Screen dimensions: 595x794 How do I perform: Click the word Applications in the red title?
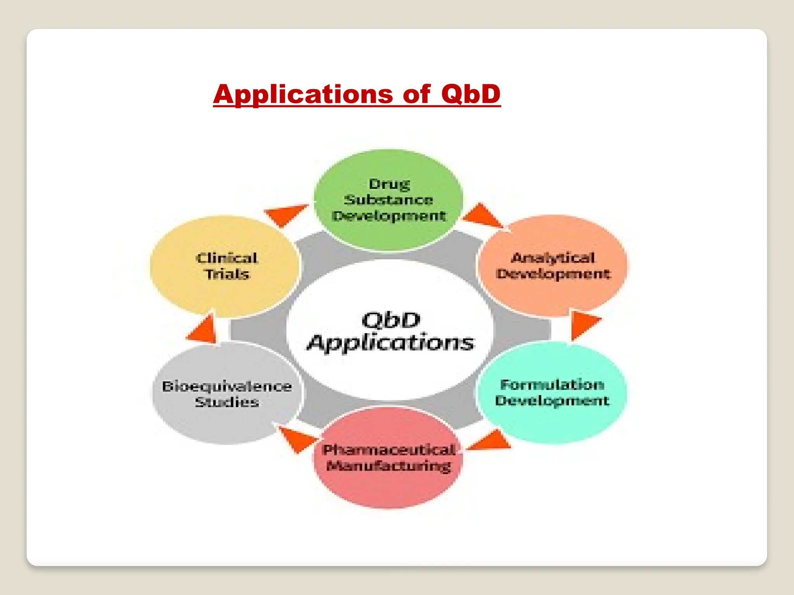click(303, 94)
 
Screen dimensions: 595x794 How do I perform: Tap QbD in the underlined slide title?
click(471, 94)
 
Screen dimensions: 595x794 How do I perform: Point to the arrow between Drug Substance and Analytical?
click(482, 216)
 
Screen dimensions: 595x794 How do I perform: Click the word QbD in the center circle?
click(391, 320)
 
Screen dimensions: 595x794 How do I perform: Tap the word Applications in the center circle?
click(390, 343)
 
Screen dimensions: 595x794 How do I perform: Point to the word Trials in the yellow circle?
click(227, 274)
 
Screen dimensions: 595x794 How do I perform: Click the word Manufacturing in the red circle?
click(389, 466)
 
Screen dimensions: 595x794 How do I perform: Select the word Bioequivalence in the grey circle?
click(227, 386)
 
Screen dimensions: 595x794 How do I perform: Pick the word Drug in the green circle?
click(389, 184)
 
